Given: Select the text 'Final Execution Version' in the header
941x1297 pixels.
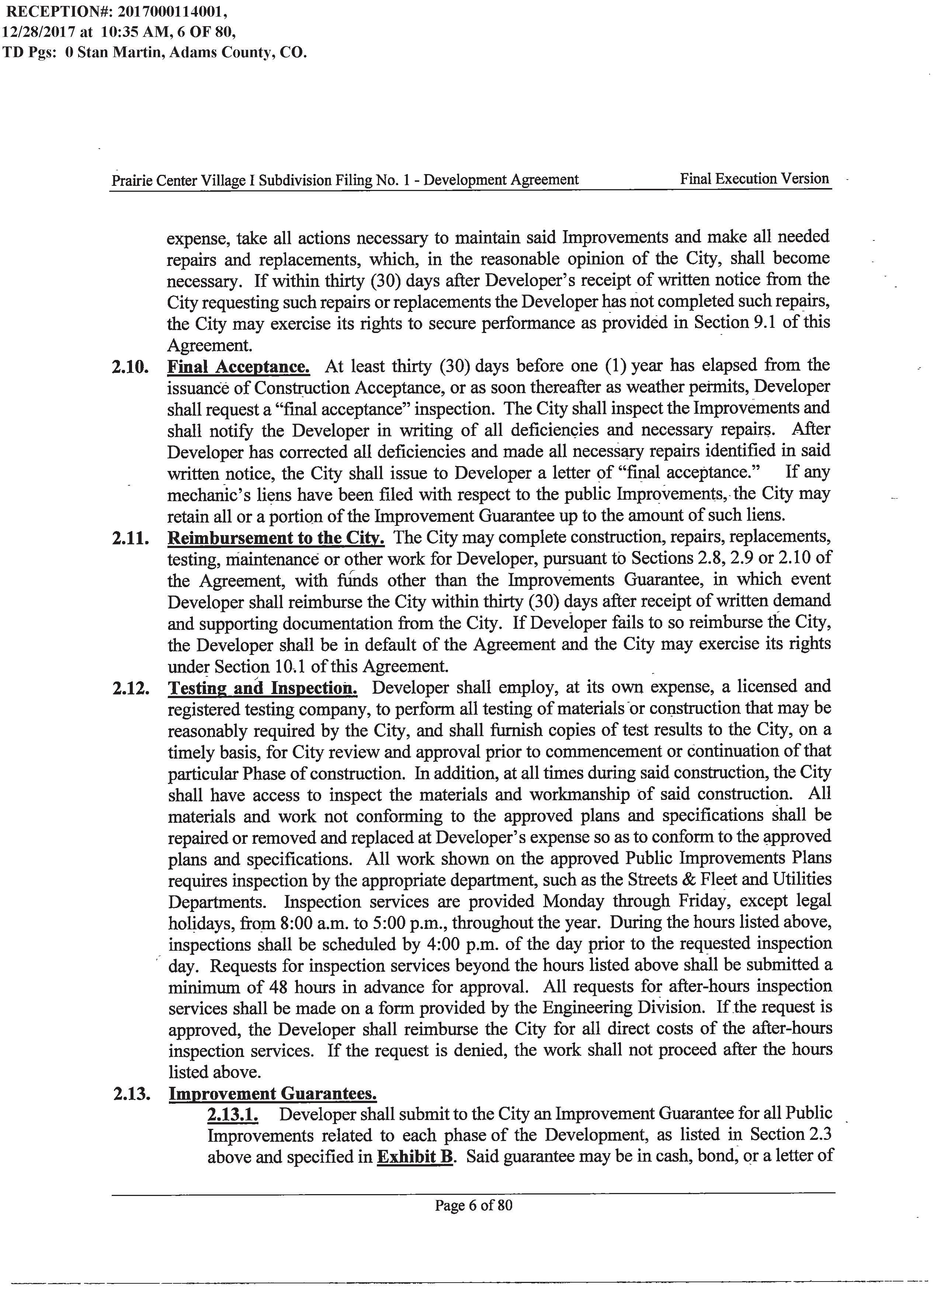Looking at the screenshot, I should tap(754, 178).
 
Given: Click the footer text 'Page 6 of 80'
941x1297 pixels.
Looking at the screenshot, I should tap(473, 1206).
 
